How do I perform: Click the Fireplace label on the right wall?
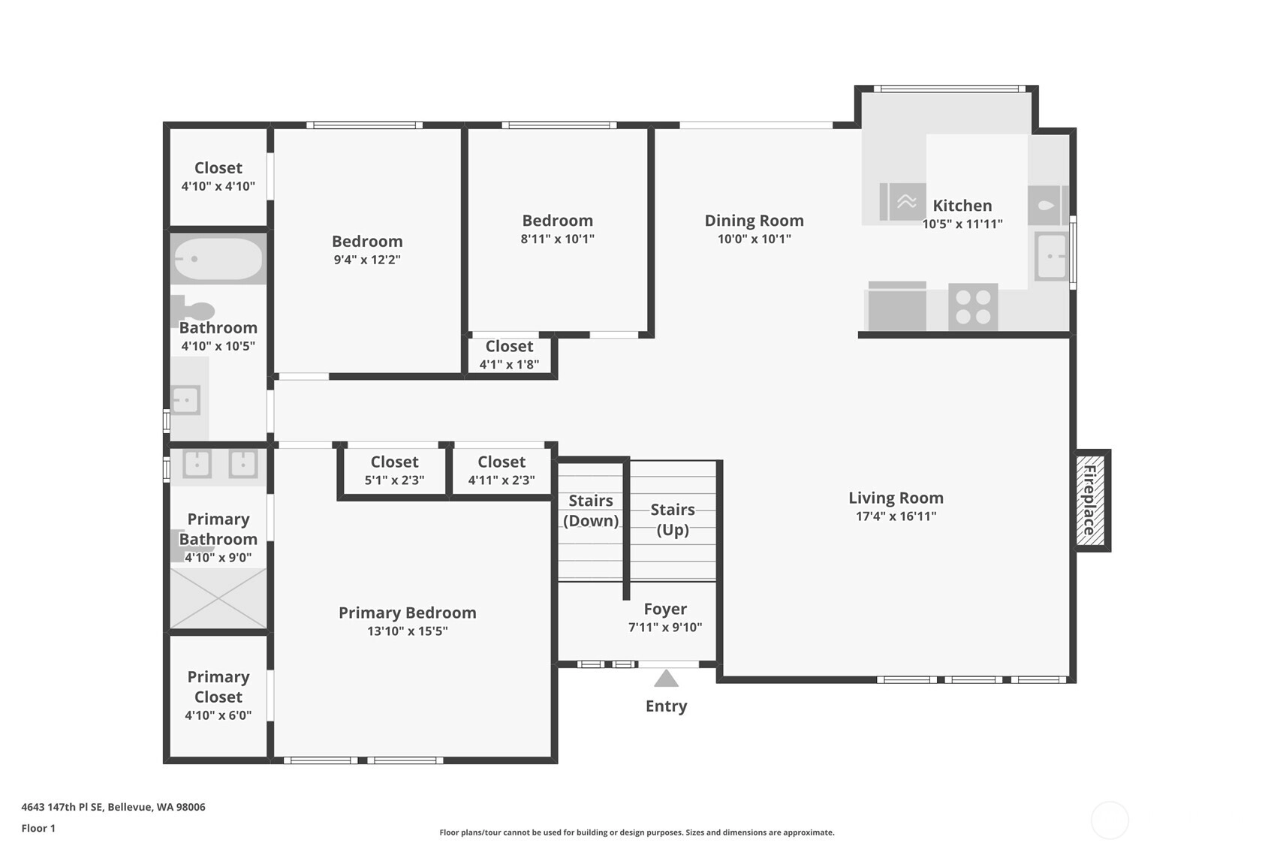click(x=1089, y=500)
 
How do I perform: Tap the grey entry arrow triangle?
click(x=666, y=679)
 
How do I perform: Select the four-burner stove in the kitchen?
click(x=973, y=307)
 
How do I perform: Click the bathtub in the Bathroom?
click(x=218, y=259)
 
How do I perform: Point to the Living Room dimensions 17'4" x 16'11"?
click(x=896, y=516)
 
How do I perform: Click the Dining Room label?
click(x=754, y=221)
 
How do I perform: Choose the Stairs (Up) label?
click(x=673, y=519)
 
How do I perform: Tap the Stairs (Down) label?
click(x=591, y=510)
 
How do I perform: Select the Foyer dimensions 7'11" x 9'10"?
click(x=665, y=628)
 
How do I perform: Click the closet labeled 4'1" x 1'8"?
click(x=509, y=355)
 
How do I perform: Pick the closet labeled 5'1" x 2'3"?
click(x=394, y=470)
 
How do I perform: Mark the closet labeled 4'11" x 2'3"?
click(x=501, y=470)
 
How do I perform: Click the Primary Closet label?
click(x=218, y=687)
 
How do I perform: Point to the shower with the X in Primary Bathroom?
click(x=218, y=598)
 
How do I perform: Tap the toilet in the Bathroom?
click(x=194, y=311)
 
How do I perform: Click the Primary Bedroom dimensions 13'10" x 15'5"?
click(x=407, y=631)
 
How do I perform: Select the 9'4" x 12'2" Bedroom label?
click(x=367, y=250)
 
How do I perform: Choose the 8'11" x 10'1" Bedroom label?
click(x=557, y=229)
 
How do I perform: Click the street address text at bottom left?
click(x=113, y=807)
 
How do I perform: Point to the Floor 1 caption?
click(x=39, y=829)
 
